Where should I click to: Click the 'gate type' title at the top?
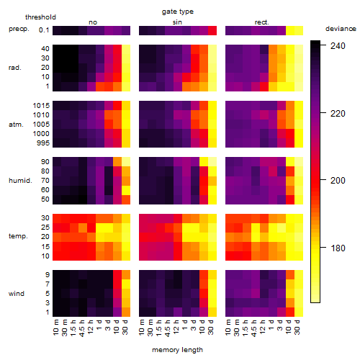[x=178, y=12]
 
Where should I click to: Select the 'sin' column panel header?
[x=177, y=22]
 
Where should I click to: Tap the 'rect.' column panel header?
[x=261, y=22]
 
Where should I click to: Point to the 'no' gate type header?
[x=93, y=22]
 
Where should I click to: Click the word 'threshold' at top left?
[x=40, y=17]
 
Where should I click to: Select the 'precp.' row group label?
[x=19, y=29]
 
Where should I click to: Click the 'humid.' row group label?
[x=20, y=181]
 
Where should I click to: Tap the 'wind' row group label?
[x=17, y=294]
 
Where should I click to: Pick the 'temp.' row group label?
[x=18, y=236]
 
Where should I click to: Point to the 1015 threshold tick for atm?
[x=41, y=105]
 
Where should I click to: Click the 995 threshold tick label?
[x=43, y=143]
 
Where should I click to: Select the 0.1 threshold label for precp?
[x=44, y=30]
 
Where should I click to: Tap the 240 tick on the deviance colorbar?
[x=338, y=45]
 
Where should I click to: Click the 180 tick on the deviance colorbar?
[x=338, y=248]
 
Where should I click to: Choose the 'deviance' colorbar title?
[x=341, y=29]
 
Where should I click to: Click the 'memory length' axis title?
[x=178, y=350]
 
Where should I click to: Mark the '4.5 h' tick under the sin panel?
[x=168, y=328]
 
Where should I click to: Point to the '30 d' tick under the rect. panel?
[x=297, y=328]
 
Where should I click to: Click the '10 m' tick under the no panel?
[x=55, y=328]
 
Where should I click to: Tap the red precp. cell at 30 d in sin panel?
[x=212, y=30]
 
